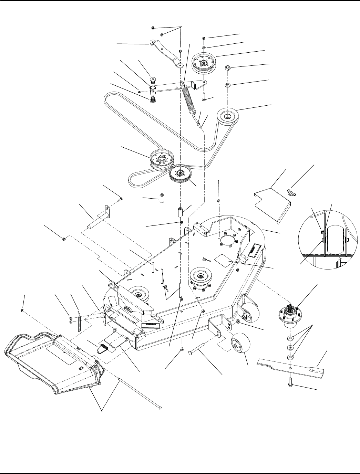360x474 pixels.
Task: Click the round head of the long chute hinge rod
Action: pos(160,409)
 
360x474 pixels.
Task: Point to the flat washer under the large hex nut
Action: pos(228,85)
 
